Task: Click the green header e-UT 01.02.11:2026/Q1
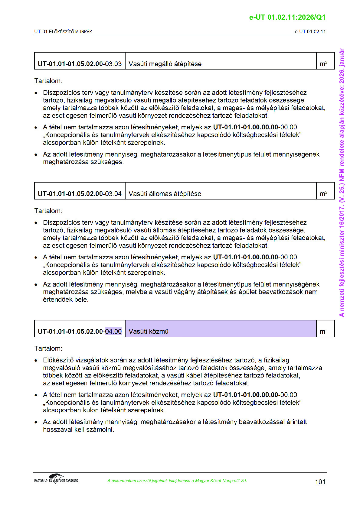[287, 17]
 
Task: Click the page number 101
[320, 482]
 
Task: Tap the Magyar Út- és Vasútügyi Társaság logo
[56, 479]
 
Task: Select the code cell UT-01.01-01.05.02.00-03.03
[80, 64]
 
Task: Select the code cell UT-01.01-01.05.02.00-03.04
[80, 193]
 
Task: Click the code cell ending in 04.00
[80, 331]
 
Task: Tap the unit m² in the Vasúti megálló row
[323, 64]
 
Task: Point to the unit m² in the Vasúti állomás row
[323, 193]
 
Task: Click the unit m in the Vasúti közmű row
[322, 331]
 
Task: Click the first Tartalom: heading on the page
[48, 81]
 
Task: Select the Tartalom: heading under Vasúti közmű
[48, 348]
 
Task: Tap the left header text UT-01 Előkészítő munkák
[63, 31]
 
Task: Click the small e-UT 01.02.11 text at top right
[310, 31]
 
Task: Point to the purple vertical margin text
[342, 183]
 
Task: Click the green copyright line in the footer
[177, 481]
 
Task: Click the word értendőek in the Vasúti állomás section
[57, 300]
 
